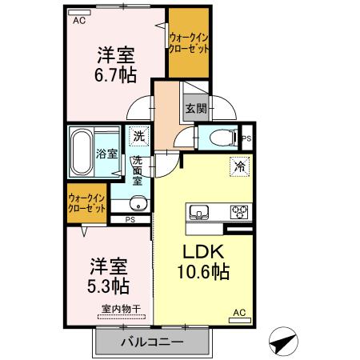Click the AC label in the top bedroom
[x=79, y=22]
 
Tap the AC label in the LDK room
[x=238, y=313]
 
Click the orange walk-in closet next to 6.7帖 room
[x=190, y=42]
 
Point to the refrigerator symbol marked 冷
[x=238, y=166]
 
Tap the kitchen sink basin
[x=198, y=212]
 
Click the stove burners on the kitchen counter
[x=239, y=212]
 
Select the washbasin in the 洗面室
[x=138, y=201]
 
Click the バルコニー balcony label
[x=152, y=342]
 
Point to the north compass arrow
[x=284, y=342]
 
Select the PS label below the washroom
[x=129, y=219]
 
